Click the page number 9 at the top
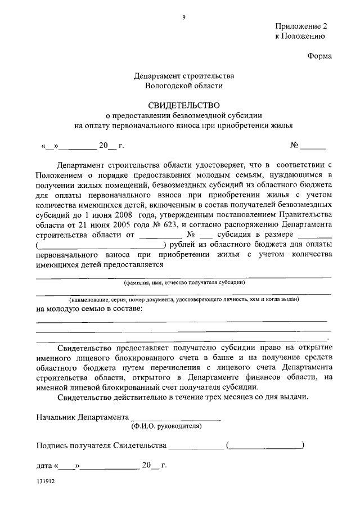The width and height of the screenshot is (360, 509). [183, 18]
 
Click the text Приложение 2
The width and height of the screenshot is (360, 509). [301, 26]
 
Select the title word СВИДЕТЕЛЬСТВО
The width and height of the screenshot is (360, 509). [184, 105]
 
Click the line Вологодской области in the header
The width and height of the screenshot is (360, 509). [184, 85]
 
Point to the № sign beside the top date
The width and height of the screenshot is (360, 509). [294, 145]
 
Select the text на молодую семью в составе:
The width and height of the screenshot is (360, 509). [89, 309]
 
